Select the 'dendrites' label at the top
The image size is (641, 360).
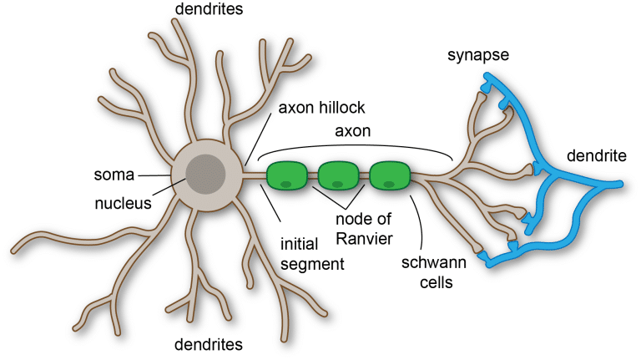point(209,10)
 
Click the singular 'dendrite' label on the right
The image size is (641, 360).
point(595,155)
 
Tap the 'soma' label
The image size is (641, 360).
point(115,175)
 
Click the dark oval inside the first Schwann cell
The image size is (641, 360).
point(285,184)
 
